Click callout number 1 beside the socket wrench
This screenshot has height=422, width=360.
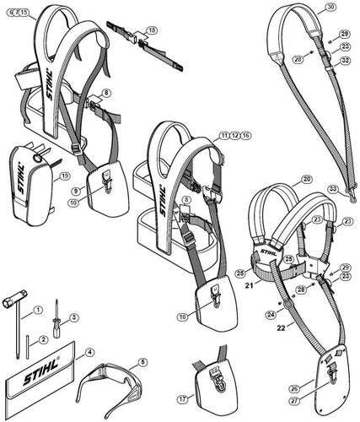(x=37, y=311)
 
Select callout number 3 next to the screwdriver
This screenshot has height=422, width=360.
(x=74, y=317)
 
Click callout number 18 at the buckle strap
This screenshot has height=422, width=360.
(x=151, y=30)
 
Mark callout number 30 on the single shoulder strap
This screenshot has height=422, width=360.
(x=330, y=7)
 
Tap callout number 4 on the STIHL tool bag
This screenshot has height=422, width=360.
(x=89, y=352)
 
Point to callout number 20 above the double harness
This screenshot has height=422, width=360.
(x=306, y=179)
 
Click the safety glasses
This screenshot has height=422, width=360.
(x=110, y=387)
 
